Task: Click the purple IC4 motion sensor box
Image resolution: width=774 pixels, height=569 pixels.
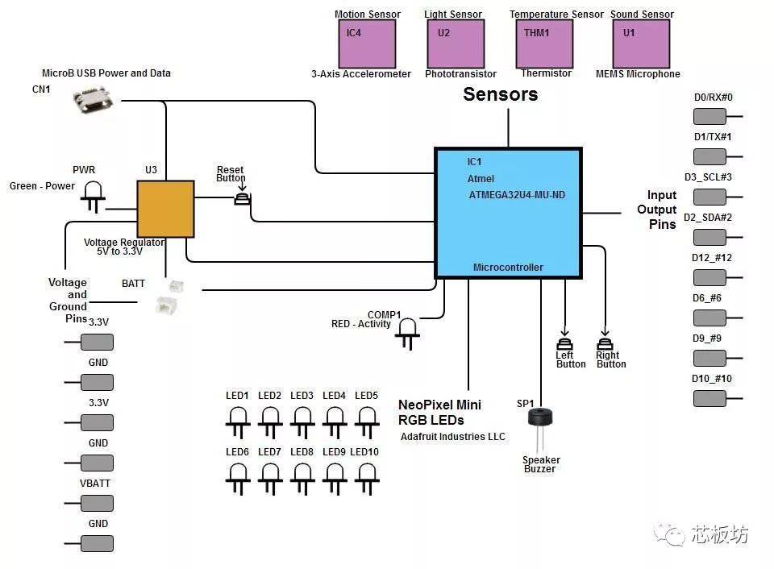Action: point(367,44)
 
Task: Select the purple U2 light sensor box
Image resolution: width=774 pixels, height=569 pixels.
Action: point(456,44)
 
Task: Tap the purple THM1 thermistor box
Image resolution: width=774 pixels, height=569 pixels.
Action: point(544,44)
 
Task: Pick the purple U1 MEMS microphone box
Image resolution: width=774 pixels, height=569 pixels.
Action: point(641,44)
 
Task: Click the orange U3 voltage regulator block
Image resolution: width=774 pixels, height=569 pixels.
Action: point(165,209)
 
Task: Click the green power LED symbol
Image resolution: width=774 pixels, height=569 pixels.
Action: point(94,197)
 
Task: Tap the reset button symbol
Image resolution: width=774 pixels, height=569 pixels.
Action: point(242,199)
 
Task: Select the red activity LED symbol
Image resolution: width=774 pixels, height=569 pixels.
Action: point(407,334)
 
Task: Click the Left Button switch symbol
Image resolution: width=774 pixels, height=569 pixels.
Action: point(564,343)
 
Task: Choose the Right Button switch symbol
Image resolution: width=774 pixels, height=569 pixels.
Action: point(605,343)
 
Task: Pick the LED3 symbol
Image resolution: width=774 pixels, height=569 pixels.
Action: point(302,422)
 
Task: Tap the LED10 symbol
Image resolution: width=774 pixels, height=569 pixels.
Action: point(367,479)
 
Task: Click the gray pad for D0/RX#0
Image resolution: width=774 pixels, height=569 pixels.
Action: point(709,117)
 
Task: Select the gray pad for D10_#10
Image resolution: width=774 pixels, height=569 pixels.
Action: point(709,398)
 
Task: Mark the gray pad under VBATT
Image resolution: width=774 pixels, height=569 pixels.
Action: point(98,504)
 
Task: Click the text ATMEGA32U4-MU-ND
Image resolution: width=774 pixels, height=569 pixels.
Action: point(517,195)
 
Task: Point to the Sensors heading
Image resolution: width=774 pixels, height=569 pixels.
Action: point(501,94)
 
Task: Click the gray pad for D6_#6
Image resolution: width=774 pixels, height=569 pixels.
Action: point(709,318)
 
